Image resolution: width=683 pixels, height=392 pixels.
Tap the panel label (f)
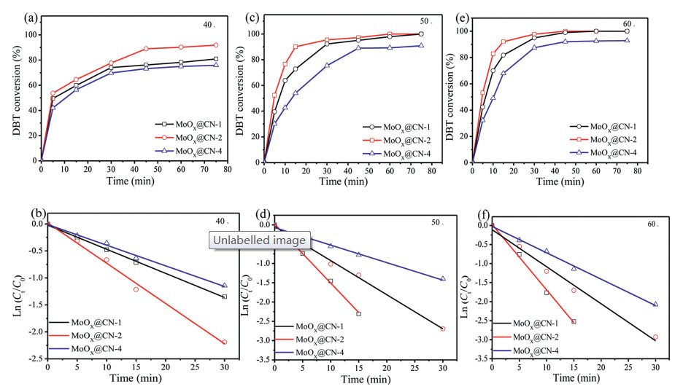click(482, 215)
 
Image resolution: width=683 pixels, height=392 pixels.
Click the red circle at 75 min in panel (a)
click(215, 45)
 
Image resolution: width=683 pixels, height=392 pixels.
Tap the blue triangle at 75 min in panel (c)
click(420, 45)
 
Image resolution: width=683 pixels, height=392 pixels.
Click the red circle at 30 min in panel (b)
click(224, 342)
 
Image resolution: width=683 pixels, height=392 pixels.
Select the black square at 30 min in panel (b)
click(224, 297)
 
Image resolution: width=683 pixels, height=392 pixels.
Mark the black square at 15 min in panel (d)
click(358, 314)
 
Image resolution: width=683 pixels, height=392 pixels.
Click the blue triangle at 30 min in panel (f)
click(655, 305)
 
